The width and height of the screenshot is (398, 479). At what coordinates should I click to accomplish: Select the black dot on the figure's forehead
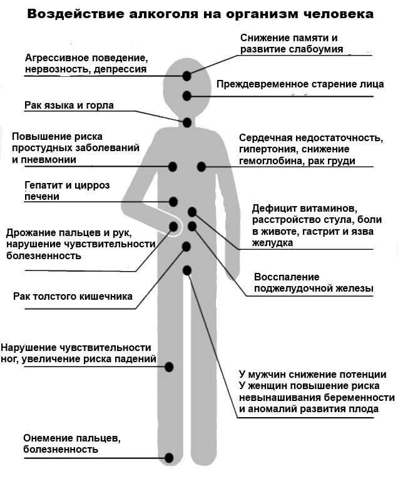coord(186,76)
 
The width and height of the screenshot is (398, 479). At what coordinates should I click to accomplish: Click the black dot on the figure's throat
coord(186,122)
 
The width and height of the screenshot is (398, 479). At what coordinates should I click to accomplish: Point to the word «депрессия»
coord(121,69)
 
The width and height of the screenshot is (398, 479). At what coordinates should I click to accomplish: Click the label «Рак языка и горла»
coord(69,106)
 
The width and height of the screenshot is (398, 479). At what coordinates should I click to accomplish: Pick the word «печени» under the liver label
coord(42,197)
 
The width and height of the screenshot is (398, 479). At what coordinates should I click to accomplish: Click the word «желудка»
coord(273,242)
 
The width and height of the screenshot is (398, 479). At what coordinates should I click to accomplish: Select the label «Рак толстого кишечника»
coord(73,296)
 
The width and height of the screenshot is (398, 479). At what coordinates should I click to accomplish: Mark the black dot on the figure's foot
coord(168,458)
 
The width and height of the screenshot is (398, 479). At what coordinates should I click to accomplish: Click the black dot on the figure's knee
coord(168,367)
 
